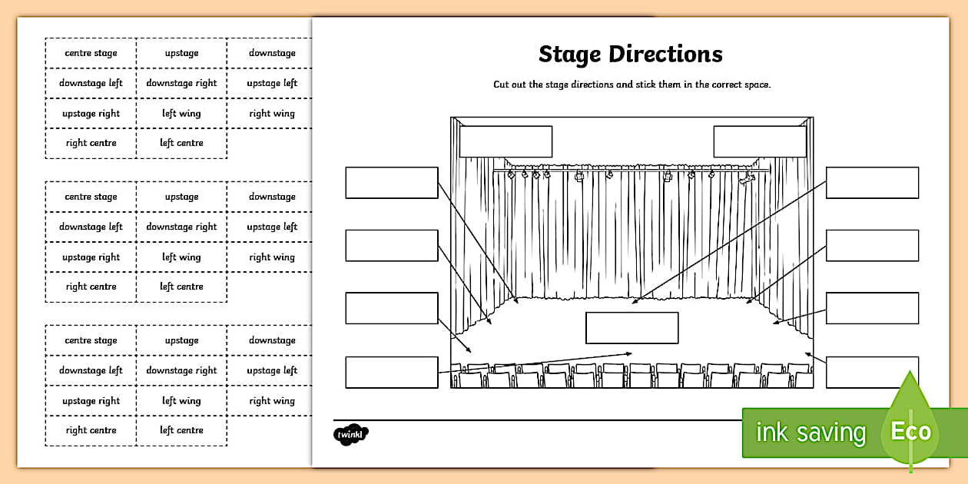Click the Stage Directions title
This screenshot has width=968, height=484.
click(x=630, y=55)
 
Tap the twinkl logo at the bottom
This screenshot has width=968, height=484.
click(x=351, y=435)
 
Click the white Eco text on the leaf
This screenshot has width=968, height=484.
click(x=910, y=431)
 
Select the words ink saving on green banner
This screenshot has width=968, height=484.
click(x=810, y=433)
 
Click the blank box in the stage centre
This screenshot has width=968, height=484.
click(x=632, y=327)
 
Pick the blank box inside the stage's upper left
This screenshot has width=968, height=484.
click(x=506, y=141)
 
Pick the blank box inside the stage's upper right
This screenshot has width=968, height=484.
click(x=759, y=141)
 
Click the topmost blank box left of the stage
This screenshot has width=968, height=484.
click(x=392, y=183)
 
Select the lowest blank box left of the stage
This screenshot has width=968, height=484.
click(x=392, y=372)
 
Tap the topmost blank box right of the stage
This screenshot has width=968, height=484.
click(x=872, y=183)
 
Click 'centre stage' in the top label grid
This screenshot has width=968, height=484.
click(x=91, y=53)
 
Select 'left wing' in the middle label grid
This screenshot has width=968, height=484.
click(x=181, y=257)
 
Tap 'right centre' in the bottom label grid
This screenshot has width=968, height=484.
click(x=91, y=430)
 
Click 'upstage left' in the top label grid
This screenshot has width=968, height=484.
click(x=272, y=83)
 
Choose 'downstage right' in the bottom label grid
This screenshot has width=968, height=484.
click(x=181, y=370)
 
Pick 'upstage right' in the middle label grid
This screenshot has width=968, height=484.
click(x=91, y=257)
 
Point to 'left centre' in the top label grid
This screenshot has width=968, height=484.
click(x=181, y=143)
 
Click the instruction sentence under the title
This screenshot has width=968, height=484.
click(x=632, y=85)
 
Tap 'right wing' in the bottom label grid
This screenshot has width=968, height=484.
click(x=272, y=400)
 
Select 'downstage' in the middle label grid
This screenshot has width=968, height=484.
click(x=272, y=197)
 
